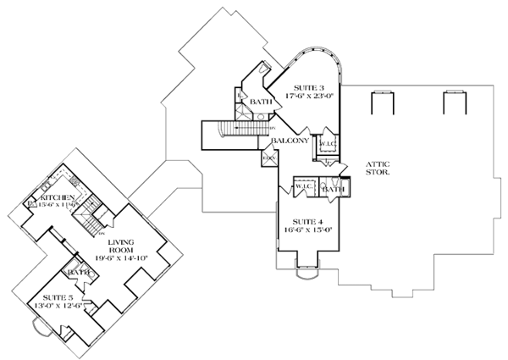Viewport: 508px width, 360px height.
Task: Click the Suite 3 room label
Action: click(x=308, y=86)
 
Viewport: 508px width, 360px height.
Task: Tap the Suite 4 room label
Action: click(x=307, y=218)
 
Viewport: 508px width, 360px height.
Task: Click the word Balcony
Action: click(x=288, y=141)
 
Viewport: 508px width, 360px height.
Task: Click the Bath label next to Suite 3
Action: click(x=260, y=102)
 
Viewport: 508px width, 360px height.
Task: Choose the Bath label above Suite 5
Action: click(x=80, y=273)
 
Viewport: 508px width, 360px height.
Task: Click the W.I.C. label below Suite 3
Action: click(x=327, y=143)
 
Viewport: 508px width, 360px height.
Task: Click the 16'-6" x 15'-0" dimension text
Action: click(x=307, y=227)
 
